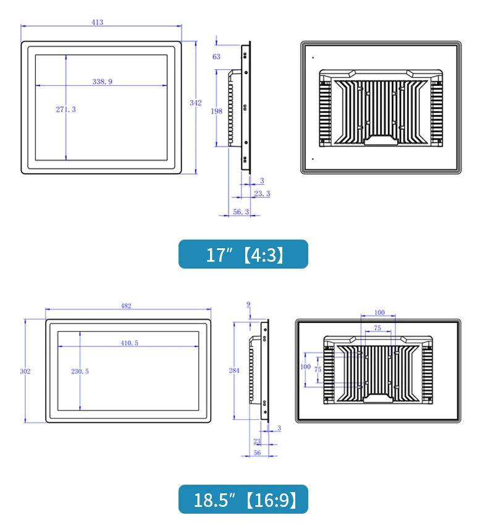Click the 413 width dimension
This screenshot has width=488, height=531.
(x=98, y=22)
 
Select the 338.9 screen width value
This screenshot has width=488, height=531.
(x=102, y=81)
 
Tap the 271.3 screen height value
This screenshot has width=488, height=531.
(x=65, y=109)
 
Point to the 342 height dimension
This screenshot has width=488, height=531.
(x=195, y=103)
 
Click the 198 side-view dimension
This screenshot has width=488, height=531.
(x=216, y=112)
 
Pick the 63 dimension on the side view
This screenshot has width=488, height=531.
(x=216, y=57)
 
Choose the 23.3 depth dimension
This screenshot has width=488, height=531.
(x=262, y=194)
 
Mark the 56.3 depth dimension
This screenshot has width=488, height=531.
(x=240, y=212)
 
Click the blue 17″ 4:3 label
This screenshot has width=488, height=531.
(x=243, y=254)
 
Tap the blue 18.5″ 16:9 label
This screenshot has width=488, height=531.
(x=243, y=500)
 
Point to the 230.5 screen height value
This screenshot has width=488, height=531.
(x=80, y=371)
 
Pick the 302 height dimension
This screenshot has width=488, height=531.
(x=25, y=371)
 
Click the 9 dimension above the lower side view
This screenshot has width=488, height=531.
(x=248, y=304)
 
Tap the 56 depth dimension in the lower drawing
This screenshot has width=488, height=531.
(x=256, y=453)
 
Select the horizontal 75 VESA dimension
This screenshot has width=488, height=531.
(x=377, y=328)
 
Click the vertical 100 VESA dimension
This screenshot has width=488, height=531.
(x=305, y=366)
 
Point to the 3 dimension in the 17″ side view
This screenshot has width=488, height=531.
(x=262, y=180)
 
